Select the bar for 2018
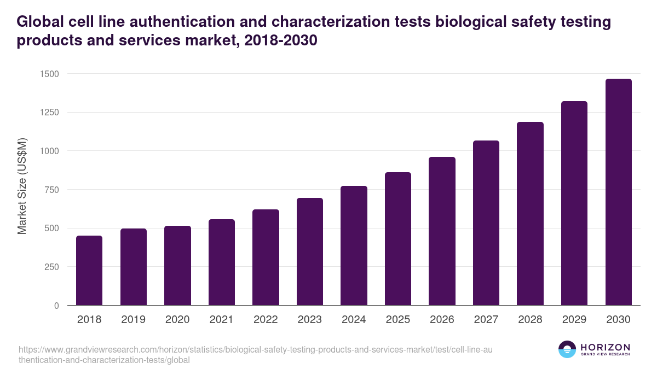[x=89, y=271]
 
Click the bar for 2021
[x=222, y=262]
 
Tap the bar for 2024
[x=354, y=246]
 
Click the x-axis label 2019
[x=134, y=320]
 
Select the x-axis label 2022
[x=266, y=320]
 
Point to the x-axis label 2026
[x=442, y=320]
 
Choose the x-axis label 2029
[x=574, y=320]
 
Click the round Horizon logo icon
[x=567, y=349]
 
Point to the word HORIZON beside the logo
[x=605, y=347]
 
